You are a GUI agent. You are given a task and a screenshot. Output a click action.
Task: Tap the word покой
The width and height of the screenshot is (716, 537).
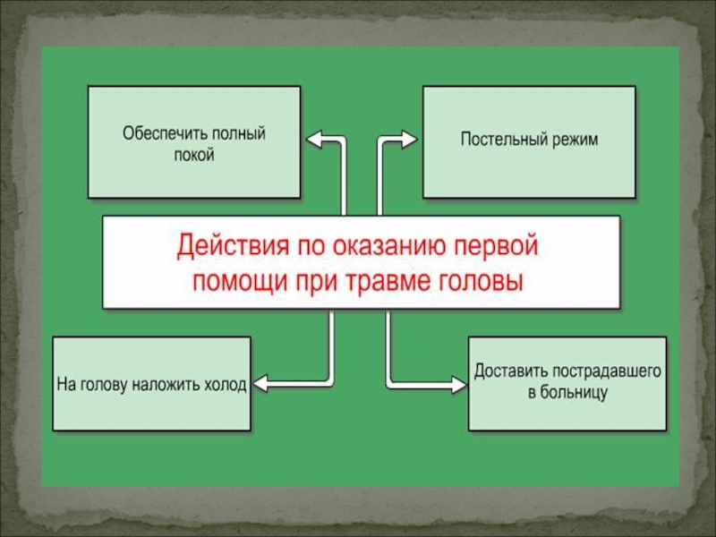coord(194,154)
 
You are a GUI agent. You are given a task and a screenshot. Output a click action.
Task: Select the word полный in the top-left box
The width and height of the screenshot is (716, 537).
coord(239,134)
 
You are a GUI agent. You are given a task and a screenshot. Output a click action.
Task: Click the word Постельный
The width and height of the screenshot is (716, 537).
coord(501,140)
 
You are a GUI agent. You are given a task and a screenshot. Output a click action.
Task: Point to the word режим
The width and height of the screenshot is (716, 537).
coord(572,140)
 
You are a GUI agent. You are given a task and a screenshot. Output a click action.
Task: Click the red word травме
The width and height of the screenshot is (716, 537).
coord(386,279)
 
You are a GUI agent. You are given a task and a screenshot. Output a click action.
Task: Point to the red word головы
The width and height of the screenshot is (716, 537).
coord(482,279)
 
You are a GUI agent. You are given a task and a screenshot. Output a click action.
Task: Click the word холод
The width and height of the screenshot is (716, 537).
coord(225,384)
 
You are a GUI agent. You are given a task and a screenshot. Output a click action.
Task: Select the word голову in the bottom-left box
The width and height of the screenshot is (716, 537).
coord(104,384)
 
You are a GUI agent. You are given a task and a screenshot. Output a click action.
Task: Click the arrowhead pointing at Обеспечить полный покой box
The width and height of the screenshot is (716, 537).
coord(314,138)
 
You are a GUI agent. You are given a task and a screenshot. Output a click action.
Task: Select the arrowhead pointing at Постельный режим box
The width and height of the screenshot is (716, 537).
coord(408,138)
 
